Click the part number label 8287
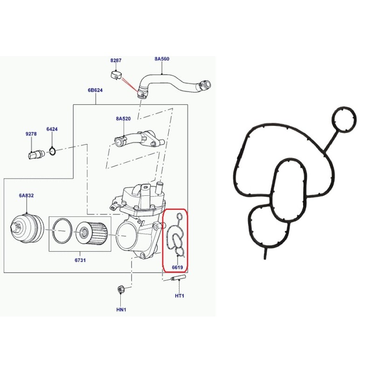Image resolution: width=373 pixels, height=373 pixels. pyautogui.click(x=116, y=61)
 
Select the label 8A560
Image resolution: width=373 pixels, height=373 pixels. pyautogui.click(x=162, y=59)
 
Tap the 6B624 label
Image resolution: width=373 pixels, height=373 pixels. pyautogui.click(x=95, y=90)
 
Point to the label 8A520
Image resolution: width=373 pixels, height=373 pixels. pyautogui.click(x=123, y=119)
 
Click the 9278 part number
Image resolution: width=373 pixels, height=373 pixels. pyautogui.click(x=31, y=134)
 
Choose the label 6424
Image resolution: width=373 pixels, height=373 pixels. pyautogui.click(x=52, y=129)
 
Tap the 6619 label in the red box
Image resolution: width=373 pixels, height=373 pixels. pyautogui.click(x=177, y=268)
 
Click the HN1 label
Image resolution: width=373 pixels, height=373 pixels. pyautogui.click(x=121, y=310)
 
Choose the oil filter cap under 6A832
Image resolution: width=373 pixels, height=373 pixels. pyautogui.click(x=26, y=229)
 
